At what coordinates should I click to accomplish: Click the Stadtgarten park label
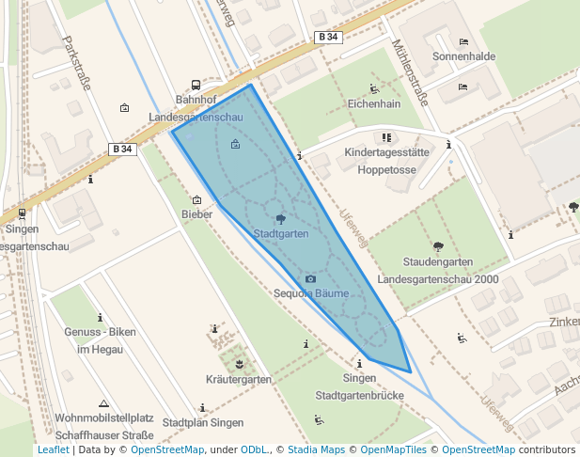point(281,233)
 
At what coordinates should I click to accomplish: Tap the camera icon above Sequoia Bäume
point(310,279)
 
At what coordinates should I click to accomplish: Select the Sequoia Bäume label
point(311,293)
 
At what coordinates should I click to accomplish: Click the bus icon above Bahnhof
point(196,85)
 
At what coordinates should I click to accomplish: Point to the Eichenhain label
point(374,103)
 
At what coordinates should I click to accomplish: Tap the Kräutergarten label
point(239,379)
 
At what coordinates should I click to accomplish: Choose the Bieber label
point(196,214)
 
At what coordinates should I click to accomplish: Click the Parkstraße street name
point(76,63)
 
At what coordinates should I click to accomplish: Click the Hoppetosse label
point(386,170)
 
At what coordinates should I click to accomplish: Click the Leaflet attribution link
point(53,450)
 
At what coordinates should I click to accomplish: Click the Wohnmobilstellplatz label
point(104,418)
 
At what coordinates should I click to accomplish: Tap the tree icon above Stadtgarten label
point(281,219)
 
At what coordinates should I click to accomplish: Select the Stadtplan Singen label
point(203,423)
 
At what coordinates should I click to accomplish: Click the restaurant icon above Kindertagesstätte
point(386,137)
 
